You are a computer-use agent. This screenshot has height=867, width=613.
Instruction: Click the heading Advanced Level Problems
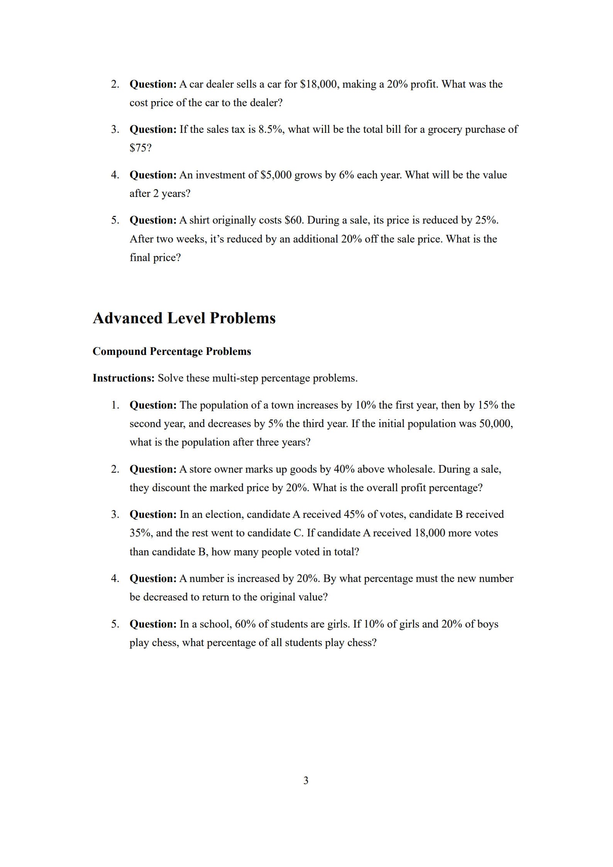click(x=184, y=318)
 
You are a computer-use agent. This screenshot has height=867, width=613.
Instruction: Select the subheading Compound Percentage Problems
click(x=172, y=351)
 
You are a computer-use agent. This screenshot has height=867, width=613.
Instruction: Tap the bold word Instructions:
click(x=124, y=378)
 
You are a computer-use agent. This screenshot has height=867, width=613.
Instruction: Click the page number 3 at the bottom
click(x=306, y=780)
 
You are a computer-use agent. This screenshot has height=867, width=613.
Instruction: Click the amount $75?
click(x=141, y=148)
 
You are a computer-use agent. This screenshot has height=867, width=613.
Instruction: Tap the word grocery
click(x=445, y=129)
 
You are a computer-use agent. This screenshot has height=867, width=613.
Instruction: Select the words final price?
click(x=155, y=258)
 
